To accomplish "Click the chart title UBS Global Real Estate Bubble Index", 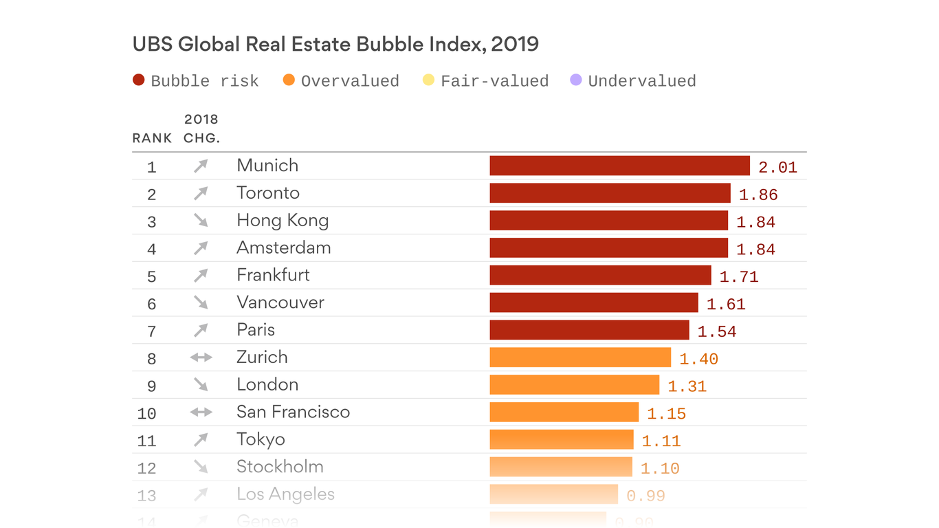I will (x=335, y=45).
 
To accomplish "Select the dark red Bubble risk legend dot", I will (x=139, y=80).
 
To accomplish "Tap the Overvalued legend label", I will (x=350, y=81).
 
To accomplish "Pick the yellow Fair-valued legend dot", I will (x=428, y=80).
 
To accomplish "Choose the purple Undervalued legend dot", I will (x=576, y=80).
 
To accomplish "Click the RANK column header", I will (x=152, y=138).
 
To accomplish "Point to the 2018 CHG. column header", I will (x=201, y=129).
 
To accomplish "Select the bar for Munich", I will (x=619, y=166).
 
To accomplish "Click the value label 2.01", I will (x=777, y=167).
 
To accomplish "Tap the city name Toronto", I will (x=268, y=193).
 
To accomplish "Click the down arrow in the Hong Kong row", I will (x=201, y=221).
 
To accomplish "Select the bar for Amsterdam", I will (x=608, y=248).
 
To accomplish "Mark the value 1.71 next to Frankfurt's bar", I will (x=739, y=277).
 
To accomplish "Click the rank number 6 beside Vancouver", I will (x=152, y=304).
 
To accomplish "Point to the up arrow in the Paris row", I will (x=201, y=331).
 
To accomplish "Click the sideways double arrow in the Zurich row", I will (x=201, y=357).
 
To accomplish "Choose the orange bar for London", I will (x=574, y=385).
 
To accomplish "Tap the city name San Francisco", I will (x=294, y=412).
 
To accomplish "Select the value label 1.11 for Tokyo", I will (x=661, y=441).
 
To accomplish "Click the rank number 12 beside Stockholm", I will (x=147, y=468).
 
